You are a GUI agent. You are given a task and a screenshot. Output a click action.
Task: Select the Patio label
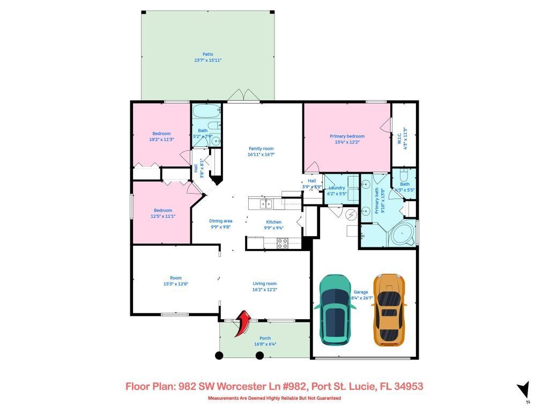point(207,54)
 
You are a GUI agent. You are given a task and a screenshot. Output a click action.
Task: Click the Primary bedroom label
point(347,136)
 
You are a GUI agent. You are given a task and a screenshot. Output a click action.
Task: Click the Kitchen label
point(274,222)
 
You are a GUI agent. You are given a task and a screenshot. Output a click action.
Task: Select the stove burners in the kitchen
point(282,242)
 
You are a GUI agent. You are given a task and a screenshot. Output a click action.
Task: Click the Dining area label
point(220,221)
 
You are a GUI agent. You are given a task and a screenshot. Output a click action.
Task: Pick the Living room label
point(265,284)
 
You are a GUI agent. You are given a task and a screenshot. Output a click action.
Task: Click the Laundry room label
point(337,188)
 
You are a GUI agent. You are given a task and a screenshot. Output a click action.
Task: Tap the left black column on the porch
point(219,355)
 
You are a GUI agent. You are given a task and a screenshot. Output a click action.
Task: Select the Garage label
point(360,292)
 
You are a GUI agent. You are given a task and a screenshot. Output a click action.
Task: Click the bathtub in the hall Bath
point(206,113)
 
